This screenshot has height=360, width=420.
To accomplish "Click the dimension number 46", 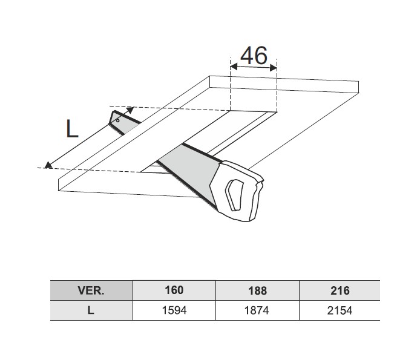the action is coord(254,56).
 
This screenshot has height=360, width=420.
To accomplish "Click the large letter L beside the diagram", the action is coord(72,129).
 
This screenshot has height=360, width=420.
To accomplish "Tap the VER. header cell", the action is coord(91,290).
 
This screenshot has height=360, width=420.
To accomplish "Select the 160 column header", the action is coord(174,290).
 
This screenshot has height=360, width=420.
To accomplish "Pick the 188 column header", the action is coord(257,290).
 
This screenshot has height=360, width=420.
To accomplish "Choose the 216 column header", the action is coord(340,290).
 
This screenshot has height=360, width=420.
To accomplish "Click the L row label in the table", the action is coord(91,310).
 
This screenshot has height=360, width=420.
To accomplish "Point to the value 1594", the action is coord(174,310).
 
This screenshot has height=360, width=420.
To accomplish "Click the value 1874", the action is coord(257,310).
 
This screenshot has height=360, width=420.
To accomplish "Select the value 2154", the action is coord(340,310).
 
